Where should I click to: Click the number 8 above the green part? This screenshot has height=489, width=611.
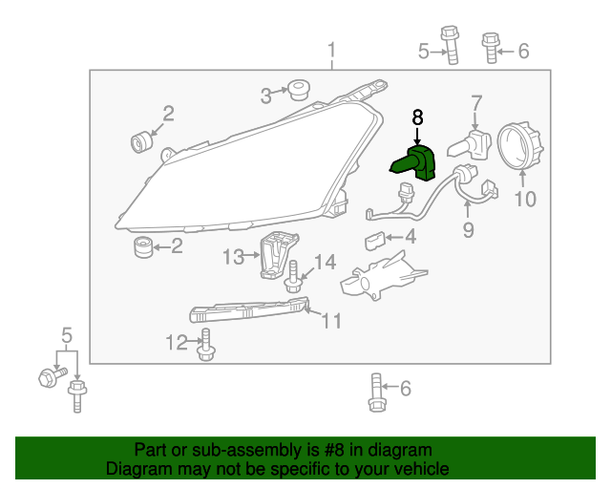(417, 117)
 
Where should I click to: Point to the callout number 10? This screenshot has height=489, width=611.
(526, 200)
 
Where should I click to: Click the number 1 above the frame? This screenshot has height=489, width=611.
(332, 50)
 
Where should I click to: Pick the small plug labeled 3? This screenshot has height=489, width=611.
(299, 92)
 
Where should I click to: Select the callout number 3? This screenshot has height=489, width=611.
(267, 95)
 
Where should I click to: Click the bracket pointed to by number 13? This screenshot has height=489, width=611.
(279, 255)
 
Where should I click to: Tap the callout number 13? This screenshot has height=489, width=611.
(235, 256)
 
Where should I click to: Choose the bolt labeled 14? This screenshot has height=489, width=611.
(294, 277)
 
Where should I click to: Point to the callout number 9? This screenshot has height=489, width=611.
(469, 230)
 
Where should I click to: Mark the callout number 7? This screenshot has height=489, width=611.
(476, 101)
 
